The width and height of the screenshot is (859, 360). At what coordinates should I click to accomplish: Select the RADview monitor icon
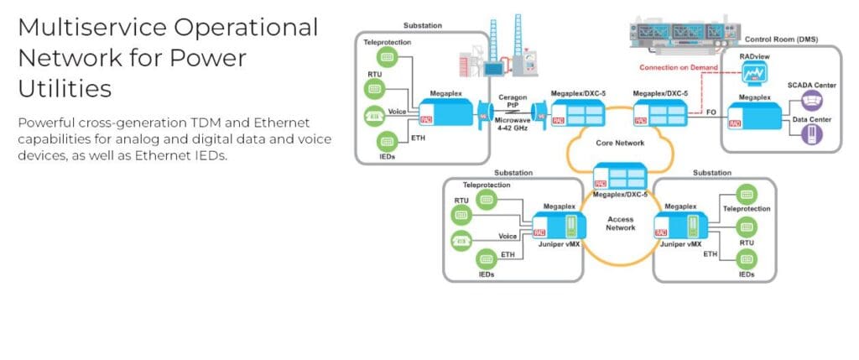pyautogui.click(x=756, y=76)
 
